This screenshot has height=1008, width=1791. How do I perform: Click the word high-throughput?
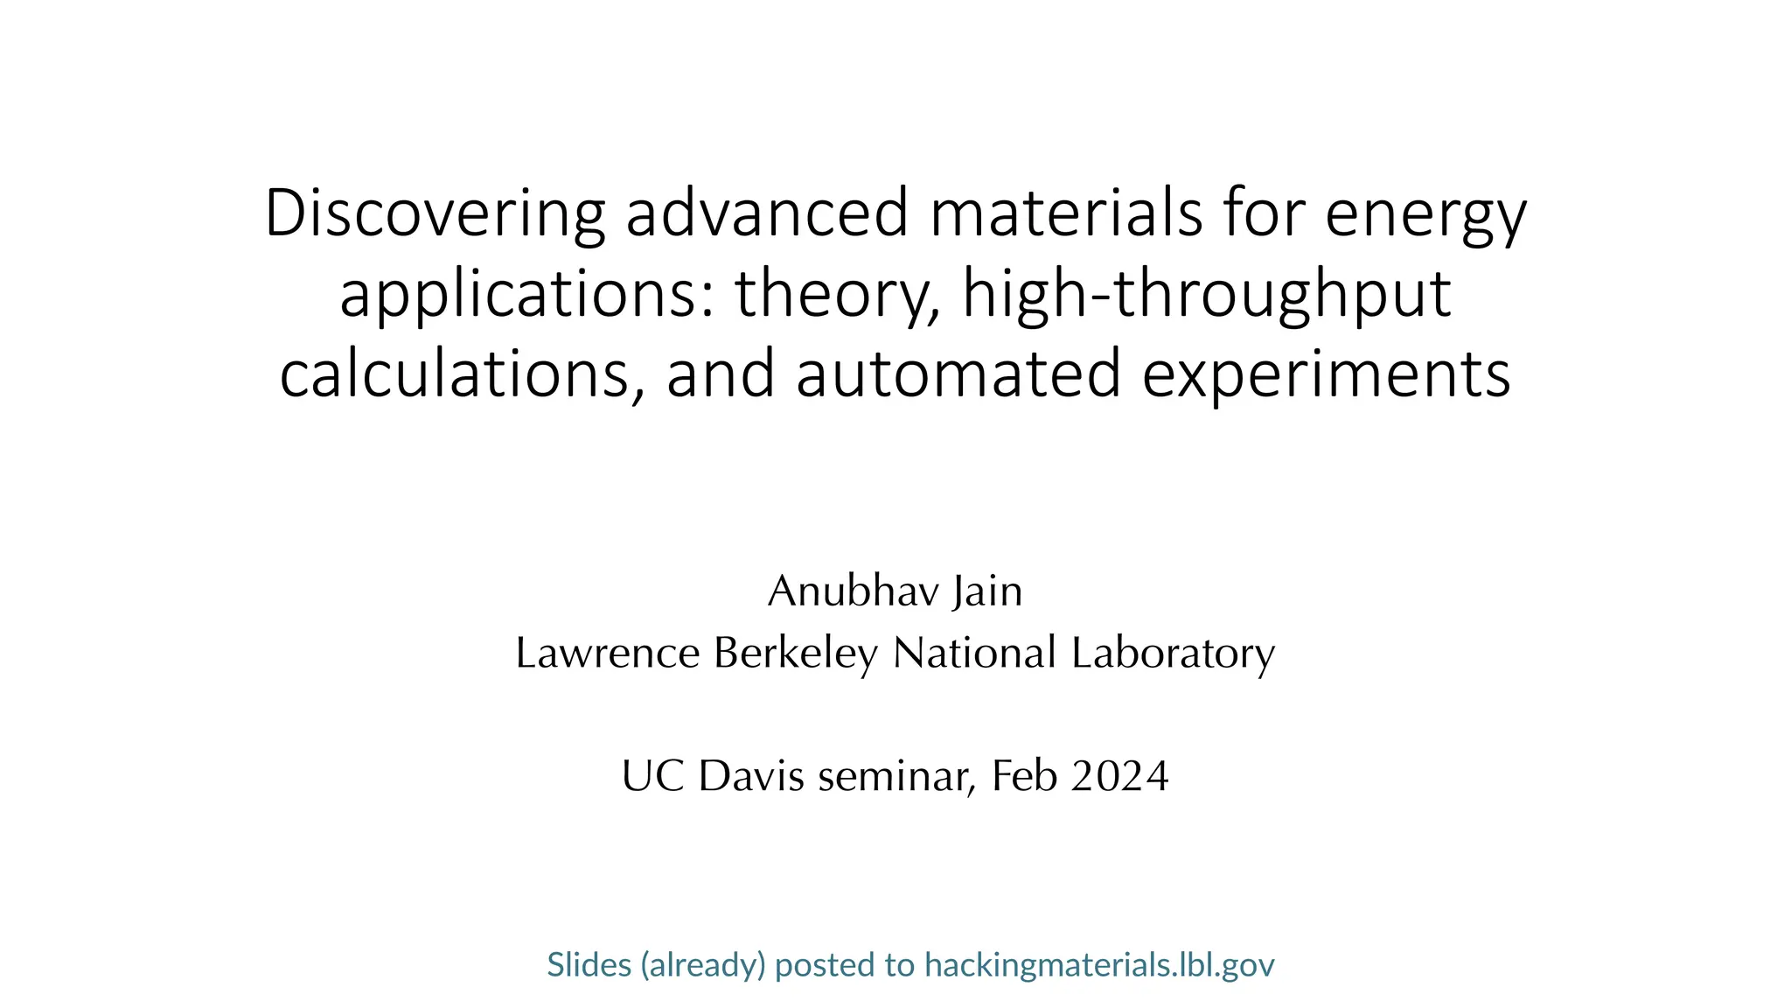(x=1207, y=296)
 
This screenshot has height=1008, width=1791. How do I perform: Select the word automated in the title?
(x=958, y=374)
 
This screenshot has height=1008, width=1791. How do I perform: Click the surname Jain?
(x=987, y=591)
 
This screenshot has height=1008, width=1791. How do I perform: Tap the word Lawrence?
(x=608, y=653)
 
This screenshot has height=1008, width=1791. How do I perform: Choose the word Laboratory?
(x=1173, y=653)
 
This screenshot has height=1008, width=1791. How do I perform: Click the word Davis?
(x=751, y=776)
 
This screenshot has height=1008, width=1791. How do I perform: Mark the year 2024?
(x=1119, y=776)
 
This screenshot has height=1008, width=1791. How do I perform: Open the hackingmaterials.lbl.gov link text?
(x=1099, y=964)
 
